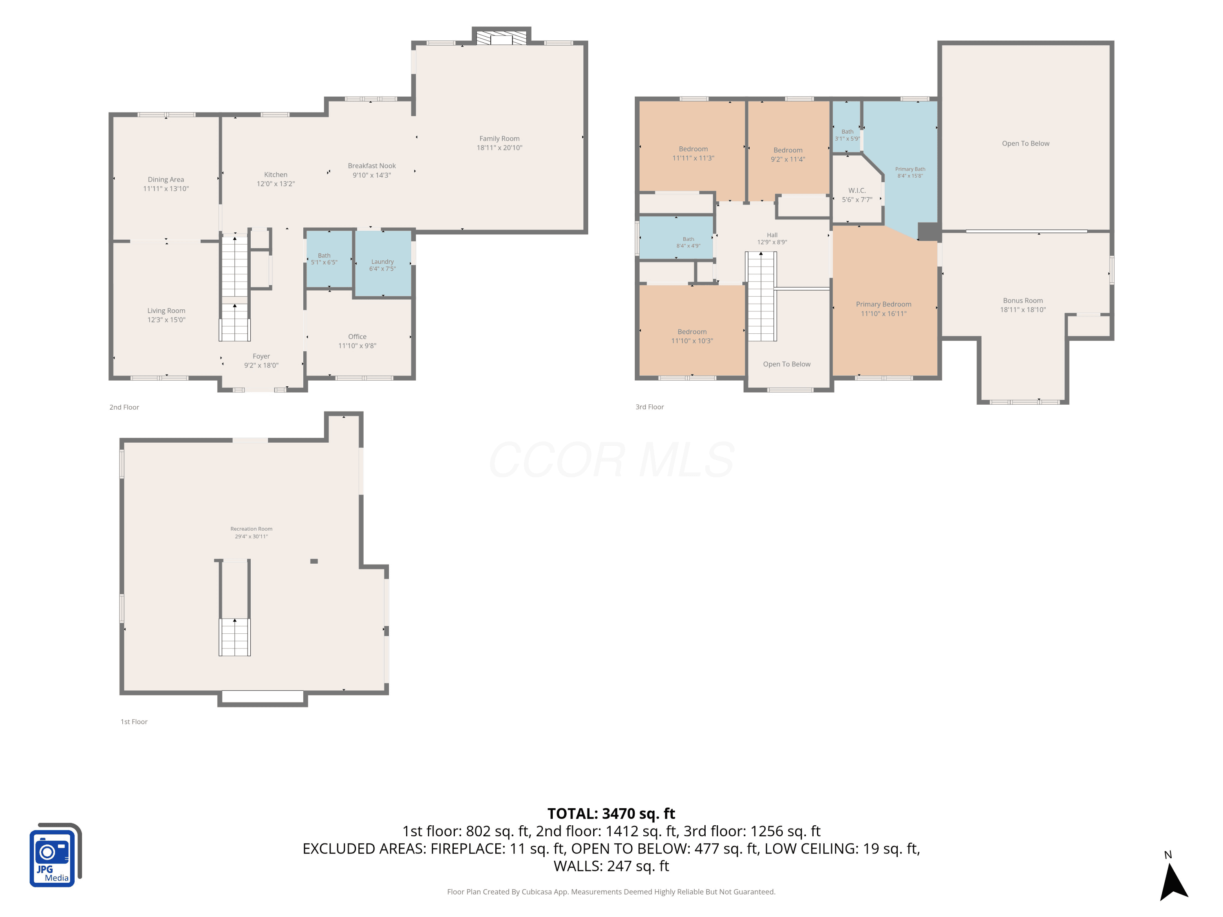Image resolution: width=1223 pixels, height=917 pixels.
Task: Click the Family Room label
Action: (499, 139)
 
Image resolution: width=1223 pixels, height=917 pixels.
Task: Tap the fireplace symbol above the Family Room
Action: (501, 37)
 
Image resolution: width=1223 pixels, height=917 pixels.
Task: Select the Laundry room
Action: (383, 264)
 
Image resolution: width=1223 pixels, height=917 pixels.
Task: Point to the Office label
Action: (357, 337)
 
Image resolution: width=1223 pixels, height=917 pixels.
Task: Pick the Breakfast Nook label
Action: (371, 166)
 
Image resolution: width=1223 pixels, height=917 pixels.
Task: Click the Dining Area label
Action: (166, 180)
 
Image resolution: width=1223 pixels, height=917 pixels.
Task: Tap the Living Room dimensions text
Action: (166, 320)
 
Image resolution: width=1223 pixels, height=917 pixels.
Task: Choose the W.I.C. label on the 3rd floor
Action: (857, 191)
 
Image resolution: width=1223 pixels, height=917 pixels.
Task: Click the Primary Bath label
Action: (910, 169)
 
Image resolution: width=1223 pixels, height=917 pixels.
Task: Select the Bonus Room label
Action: (1023, 301)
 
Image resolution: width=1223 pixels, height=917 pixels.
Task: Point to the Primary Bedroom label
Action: (883, 304)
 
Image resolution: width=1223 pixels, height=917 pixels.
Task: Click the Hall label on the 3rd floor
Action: (772, 235)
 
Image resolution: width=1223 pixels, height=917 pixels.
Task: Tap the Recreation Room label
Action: (251, 529)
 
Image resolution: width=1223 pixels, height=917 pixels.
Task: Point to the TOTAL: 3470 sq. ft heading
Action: (611, 813)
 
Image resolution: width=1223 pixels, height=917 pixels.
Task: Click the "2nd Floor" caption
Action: (124, 408)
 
